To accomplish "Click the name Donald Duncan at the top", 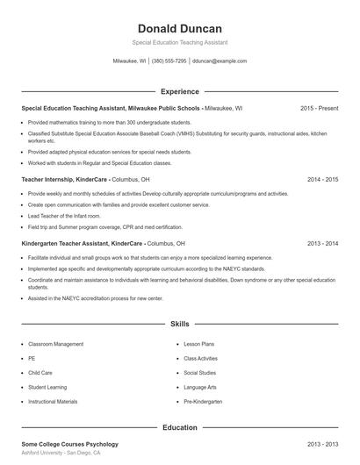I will [179, 28].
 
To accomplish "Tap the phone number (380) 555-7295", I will [169, 61].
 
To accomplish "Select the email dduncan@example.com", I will [220, 61].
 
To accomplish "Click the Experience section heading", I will [179, 91].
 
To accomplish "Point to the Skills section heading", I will [179, 324].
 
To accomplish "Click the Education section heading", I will [179, 427].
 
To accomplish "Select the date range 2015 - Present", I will [319, 108].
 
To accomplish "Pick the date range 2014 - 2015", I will [323, 179].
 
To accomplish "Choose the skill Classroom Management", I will [55, 344].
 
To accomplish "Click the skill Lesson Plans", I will [198, 344].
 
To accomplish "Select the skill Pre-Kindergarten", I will [203, 401].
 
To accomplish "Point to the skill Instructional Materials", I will [53, 401].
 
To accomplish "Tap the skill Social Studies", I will [199, 373].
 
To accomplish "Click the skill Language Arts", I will [200, 387].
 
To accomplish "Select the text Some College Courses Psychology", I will [69, 445].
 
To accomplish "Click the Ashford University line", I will [61, 454].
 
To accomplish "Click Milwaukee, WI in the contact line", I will [129, 61].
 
